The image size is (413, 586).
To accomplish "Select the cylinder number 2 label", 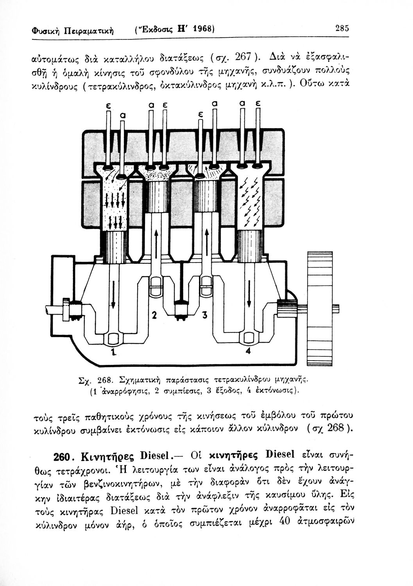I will click(154, 315).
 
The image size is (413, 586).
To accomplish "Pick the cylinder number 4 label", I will click(247, 351).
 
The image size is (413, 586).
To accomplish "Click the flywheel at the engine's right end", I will click(323, 309).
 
